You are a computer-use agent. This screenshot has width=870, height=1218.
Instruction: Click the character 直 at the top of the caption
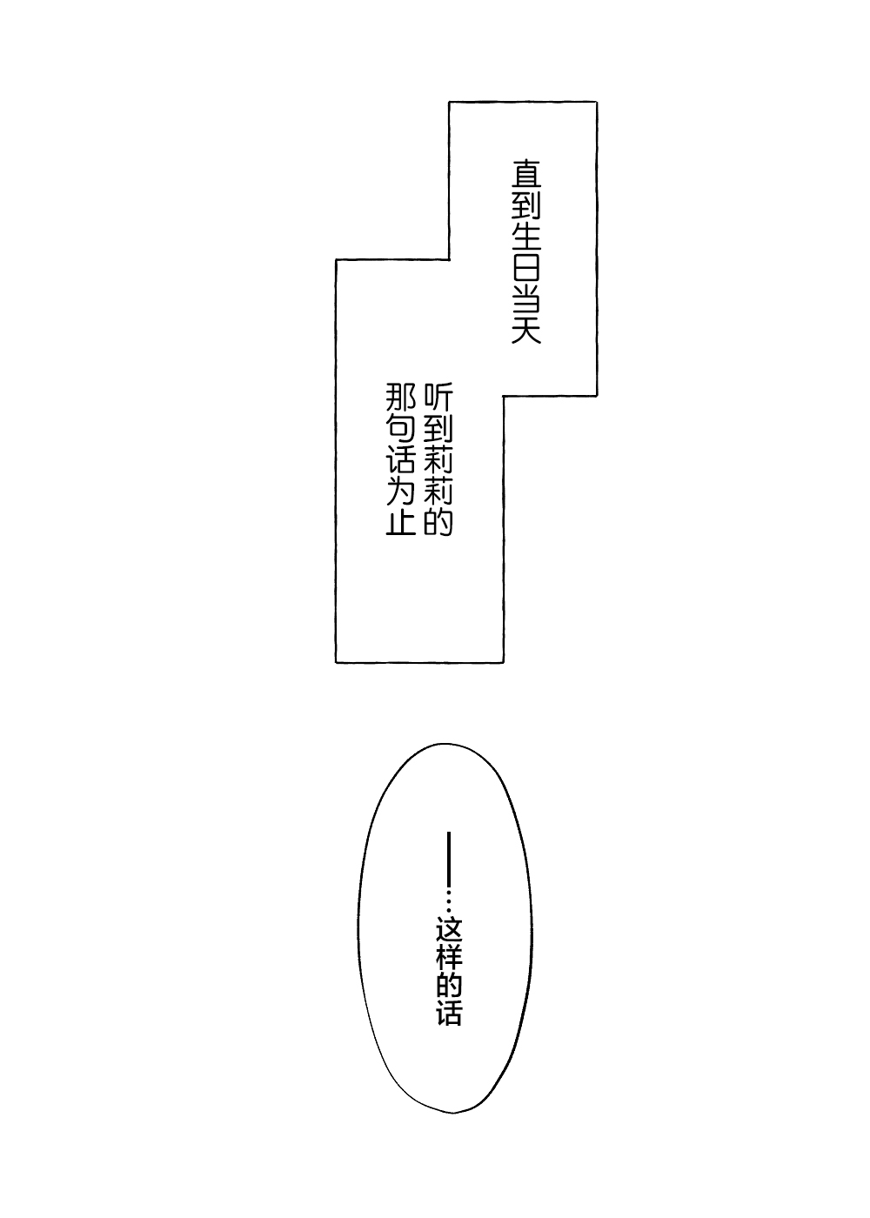[525, 175]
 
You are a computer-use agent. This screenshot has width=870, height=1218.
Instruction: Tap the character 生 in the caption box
[525, 238]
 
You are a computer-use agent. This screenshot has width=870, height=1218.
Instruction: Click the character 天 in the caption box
[525, 329]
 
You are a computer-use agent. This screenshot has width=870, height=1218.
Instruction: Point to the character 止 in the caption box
[401, 520]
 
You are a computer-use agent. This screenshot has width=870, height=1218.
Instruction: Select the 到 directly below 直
[525, 207]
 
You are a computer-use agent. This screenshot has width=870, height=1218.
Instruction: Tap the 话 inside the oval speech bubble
[449, 1019]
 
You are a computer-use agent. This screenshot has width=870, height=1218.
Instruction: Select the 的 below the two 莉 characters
[438, 520]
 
